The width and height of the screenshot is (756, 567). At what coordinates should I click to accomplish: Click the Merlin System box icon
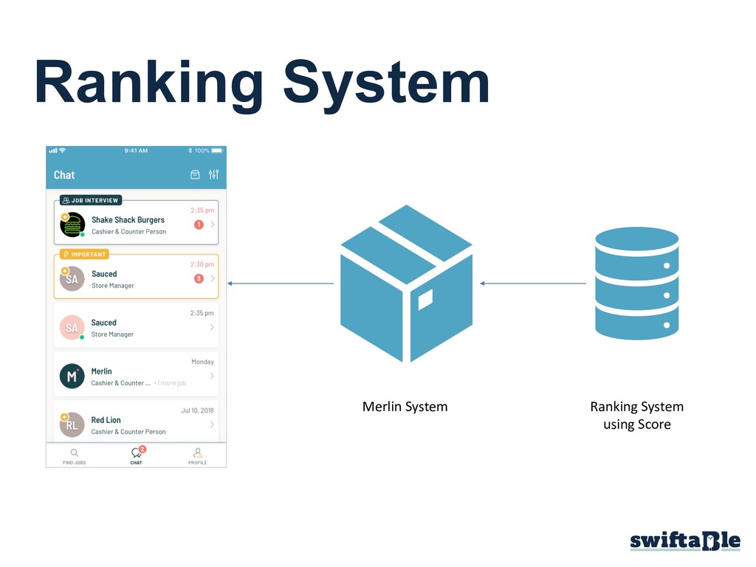405,284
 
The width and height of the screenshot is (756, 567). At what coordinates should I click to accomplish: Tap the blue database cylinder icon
636,283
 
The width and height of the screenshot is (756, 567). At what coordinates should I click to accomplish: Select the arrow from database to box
533,283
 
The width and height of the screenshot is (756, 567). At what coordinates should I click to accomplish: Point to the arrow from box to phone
281,283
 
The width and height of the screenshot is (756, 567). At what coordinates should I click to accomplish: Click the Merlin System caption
405,407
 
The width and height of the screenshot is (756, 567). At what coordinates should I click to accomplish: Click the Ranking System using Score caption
636,416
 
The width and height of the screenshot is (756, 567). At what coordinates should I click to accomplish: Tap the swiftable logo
684,540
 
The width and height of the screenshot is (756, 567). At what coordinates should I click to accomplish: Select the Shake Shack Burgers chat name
128,220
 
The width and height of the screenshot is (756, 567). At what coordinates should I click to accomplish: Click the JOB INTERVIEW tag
90,200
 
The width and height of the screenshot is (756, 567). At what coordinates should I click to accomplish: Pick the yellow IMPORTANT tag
84,254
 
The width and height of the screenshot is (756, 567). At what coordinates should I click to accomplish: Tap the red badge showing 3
199,278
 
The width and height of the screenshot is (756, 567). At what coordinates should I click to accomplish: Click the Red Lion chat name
106,420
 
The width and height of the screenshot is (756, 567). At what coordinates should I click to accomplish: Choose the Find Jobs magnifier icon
74,452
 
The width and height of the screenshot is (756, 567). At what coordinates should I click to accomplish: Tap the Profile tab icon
197,452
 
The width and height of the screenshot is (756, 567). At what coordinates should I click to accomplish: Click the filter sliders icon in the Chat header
213,175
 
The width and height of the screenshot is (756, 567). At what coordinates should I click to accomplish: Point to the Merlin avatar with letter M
72,377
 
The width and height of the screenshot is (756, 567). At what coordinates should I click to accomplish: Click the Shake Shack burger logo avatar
72,225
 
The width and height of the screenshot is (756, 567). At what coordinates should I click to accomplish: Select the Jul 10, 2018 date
197,410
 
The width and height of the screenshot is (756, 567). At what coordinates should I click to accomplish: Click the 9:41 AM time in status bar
136,151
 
